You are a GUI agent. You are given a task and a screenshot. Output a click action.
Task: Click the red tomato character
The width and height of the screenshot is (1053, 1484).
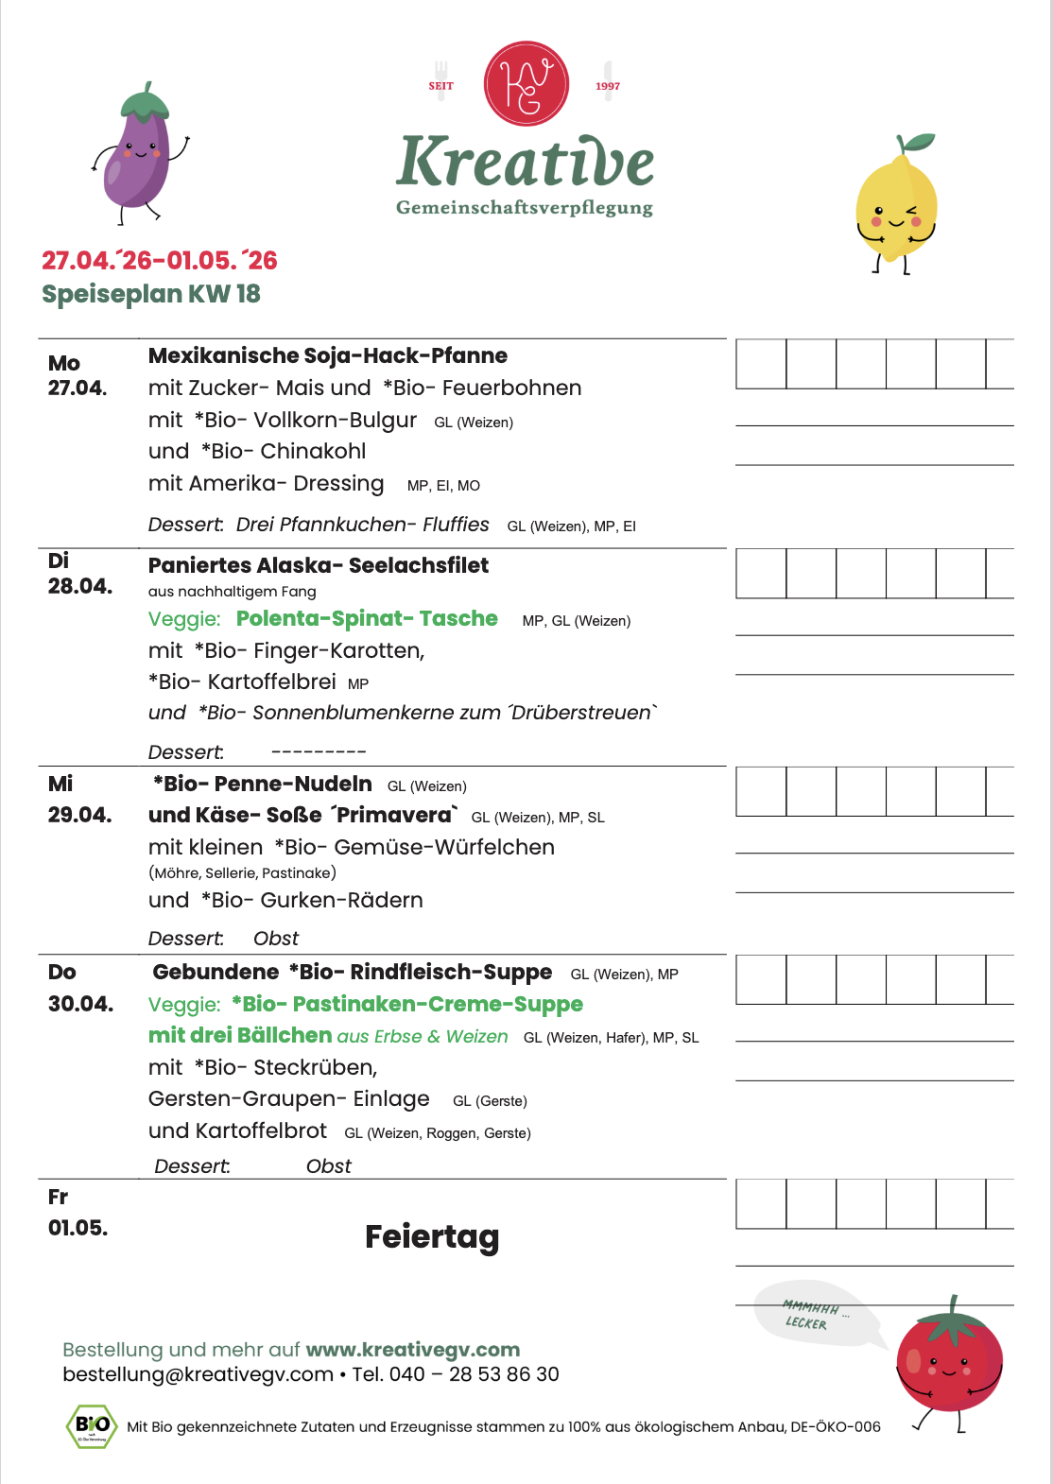point(949,1361)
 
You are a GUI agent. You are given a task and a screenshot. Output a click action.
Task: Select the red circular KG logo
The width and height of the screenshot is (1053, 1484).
point(526,83)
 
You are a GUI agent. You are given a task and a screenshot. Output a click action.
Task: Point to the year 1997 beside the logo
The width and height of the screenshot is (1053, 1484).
point(608,86)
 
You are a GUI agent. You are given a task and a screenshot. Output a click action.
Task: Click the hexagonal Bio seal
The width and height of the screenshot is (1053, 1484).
point(92,1426)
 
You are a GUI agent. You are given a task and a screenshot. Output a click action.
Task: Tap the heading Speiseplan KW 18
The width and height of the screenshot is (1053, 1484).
point(151,294)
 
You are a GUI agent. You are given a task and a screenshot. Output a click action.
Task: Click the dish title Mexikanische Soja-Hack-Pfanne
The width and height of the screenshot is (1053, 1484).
point(328,355)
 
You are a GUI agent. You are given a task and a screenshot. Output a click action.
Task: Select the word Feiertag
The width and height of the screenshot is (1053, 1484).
point(432,1236)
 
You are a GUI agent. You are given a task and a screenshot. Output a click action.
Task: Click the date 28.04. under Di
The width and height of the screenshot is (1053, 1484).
point(80,586)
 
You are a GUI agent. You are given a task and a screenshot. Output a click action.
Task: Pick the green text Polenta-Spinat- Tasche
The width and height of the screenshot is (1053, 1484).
point(367,618)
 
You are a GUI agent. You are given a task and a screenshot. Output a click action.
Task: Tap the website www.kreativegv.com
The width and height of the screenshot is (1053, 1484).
point(413,1349)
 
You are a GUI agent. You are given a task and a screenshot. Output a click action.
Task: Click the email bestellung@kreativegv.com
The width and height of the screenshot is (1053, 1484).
point(199,1374)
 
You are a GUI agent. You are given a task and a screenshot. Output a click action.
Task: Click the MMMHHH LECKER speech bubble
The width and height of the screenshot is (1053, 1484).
point(810,1314)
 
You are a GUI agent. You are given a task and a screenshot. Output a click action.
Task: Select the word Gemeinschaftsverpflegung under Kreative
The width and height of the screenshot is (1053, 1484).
point(525,208)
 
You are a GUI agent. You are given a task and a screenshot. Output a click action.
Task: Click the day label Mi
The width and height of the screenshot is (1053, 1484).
point(60,784)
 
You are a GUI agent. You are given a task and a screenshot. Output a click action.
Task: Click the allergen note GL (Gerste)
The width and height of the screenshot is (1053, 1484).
point(490,1101)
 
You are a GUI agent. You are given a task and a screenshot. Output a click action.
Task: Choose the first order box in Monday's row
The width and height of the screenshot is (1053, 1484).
point(761,364)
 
